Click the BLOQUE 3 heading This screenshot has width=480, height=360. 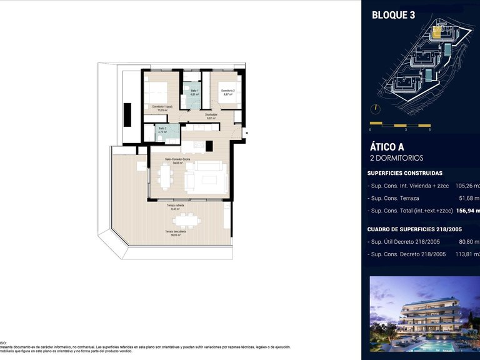coord(393,16)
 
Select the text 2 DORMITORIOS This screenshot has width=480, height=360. coord(396,158)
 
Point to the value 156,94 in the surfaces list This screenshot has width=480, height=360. coord(466,211)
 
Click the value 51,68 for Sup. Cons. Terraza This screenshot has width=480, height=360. coord(467,198)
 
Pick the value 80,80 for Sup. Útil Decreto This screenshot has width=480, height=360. coord(467,241)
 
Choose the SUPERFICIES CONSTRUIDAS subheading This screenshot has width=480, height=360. coord(405,173)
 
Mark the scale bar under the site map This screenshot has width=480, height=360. coord(400,123)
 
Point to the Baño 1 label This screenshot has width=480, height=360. coord(194,92)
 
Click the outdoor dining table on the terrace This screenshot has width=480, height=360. coord(187,221)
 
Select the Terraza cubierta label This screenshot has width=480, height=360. coord(175,207)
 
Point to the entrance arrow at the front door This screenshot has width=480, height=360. coord(246,132)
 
